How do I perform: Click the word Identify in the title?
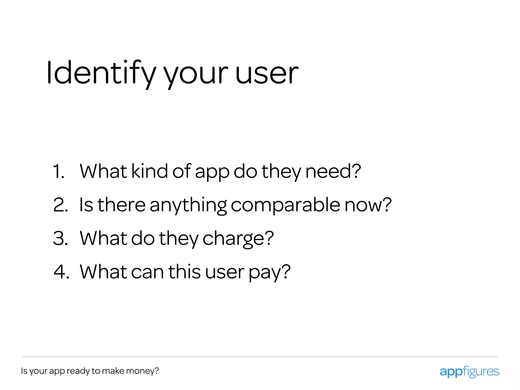click(101, 73)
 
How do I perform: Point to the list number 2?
click(60, 205)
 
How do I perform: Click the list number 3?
click(60, 238)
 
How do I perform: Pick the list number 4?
click(61, 272)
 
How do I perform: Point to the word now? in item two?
click(368, 205)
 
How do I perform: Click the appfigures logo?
click(469, 372)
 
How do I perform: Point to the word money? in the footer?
click(142, 371)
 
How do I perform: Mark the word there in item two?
click(122, 205)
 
